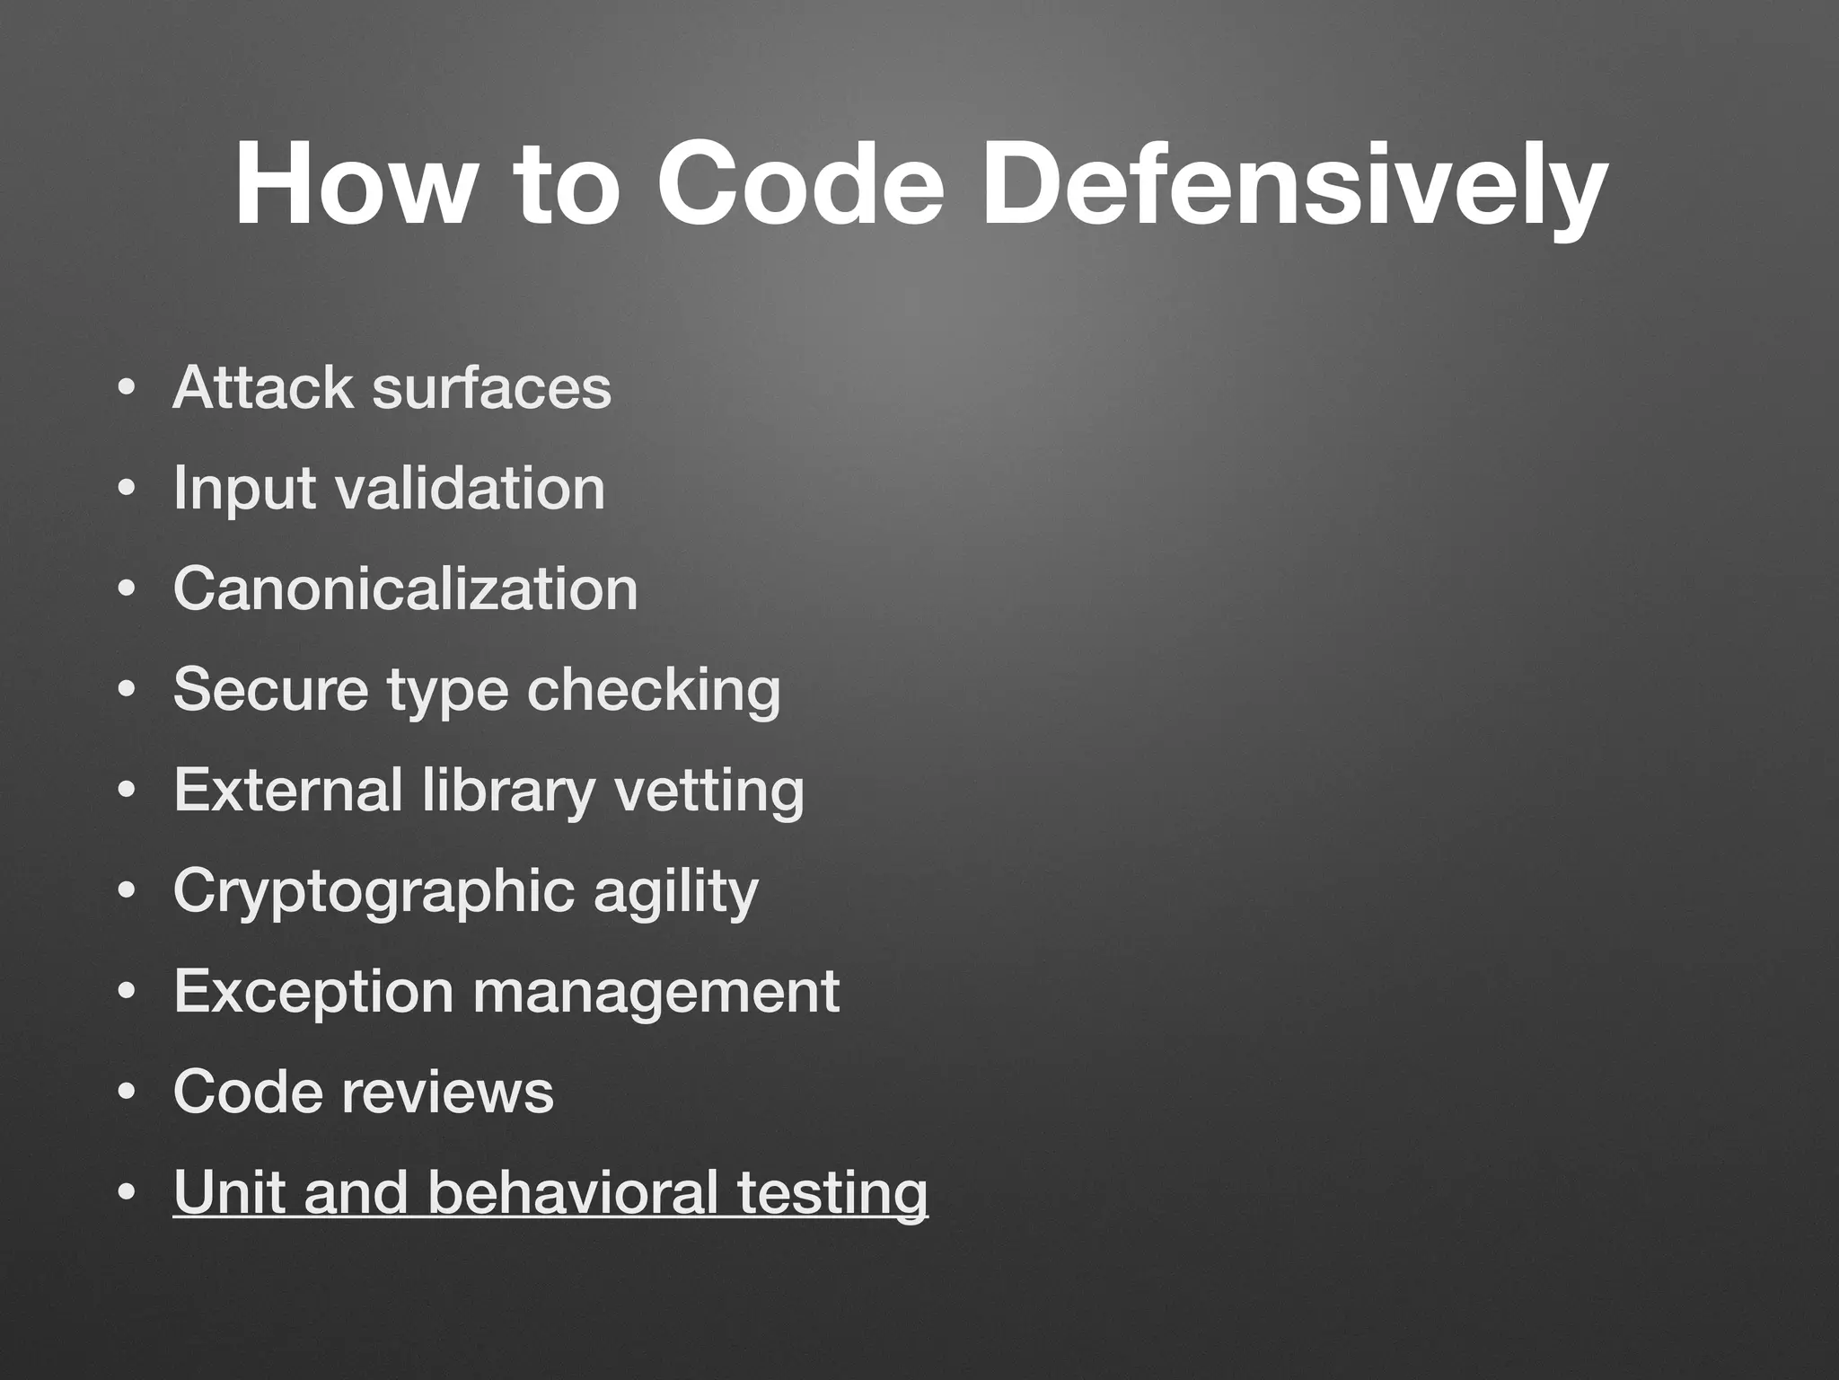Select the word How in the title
point(351,186)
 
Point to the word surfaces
point(491,388)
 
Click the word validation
point(470,489)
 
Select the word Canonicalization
point(405,589)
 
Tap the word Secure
point(270,690)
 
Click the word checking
point(653,692)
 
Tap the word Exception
point(313,992)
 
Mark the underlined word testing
point(832,1194)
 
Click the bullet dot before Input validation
point(127,491)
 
